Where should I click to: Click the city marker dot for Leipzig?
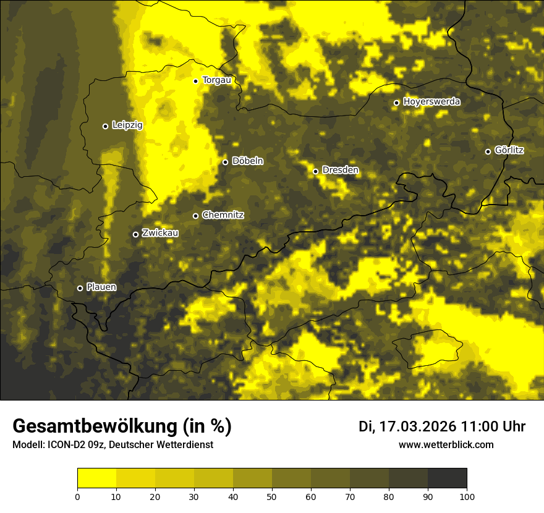(105, 126)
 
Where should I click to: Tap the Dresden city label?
(340, 170)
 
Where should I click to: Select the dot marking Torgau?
(195, 81)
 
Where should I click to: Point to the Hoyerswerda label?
(431, 102)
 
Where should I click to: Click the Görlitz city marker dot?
(488, 151)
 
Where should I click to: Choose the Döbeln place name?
(247, 161)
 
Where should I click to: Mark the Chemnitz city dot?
(195, 216)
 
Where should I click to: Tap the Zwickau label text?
(160, 233)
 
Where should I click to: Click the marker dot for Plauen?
(80, 288)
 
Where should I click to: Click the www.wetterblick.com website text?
(446, 445)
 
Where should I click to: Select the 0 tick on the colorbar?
(77, 496)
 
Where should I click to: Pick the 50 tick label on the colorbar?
(272, 496)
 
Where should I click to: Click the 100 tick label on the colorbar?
(467, 496)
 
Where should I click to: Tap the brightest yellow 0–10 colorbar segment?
(96, 478)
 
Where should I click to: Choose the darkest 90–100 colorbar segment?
(447, 478)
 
